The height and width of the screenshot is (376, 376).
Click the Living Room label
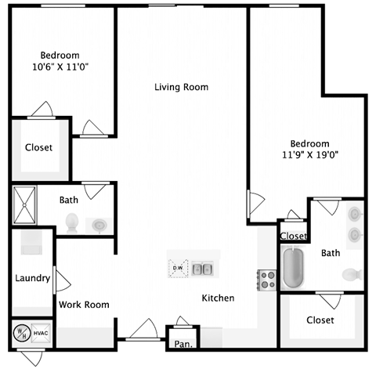[x=181, y=87]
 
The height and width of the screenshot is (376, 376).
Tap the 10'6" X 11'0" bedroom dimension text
[x=60, y=67]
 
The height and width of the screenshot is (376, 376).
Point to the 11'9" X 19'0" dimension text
[x=309, y=155]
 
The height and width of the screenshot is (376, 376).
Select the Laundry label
[x=33, y=278]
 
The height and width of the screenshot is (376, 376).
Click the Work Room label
[x=84, y=305]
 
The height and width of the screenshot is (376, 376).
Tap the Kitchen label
[x=218, y=298]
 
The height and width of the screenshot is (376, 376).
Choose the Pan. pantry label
[x=184, y=343]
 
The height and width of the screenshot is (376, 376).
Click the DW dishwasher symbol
[x=177, y=269]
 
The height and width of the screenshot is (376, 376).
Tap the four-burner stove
[x=267, y=279]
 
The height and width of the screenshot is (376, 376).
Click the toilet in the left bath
[x=72, y=222]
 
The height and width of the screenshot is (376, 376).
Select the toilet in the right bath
[x=352, y=275]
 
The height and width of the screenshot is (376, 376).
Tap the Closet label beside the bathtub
[x=293, y=236]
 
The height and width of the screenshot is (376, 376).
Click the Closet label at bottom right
[x=320, y=320]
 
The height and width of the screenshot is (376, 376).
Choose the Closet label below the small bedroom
[x=38, y=147]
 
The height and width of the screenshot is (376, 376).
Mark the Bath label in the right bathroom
[x=331, y=253]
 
